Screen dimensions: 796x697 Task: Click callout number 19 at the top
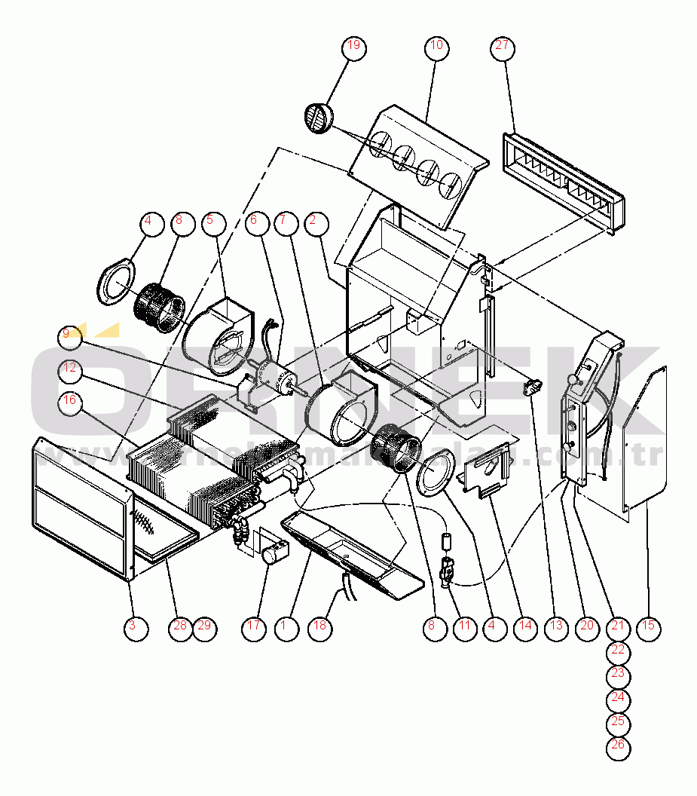[354, 47]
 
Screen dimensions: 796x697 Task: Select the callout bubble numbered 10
[436, 47]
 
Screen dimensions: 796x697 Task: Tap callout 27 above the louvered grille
[503, 47]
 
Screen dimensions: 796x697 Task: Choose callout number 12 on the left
[70, 369]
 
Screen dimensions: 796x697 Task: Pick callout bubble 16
[70, 400]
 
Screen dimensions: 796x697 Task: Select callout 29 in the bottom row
[205, 626]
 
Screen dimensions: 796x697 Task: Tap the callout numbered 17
[255, 626]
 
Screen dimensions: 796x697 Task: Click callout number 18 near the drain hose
[322, 626]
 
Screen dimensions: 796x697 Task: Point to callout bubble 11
[464, 626]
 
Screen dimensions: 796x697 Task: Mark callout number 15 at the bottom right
[648, 626]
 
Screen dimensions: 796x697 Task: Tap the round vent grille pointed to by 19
[317, 118]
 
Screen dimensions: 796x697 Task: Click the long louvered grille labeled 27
[563, 181]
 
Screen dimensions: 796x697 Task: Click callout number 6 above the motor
[254, 222]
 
